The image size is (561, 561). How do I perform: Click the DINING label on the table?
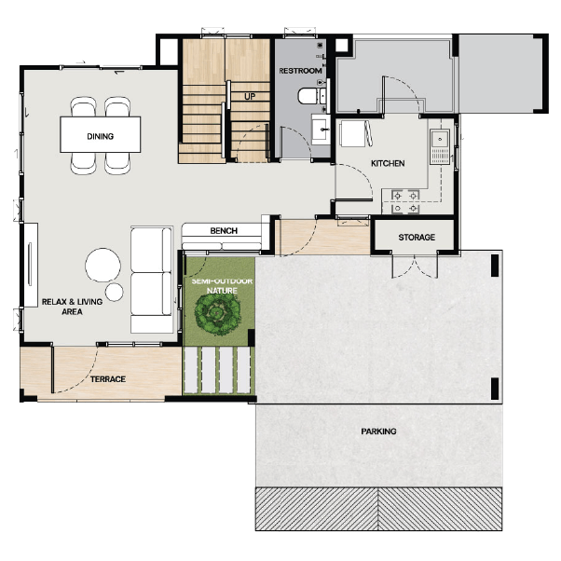tap(101, 136)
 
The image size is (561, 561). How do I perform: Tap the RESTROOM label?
tap(300, 71)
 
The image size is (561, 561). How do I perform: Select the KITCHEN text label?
tap(388, 163)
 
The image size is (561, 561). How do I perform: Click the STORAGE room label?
tap(417, 238)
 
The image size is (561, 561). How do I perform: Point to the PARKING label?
tap(378, 431)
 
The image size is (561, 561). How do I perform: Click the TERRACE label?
tap(108, 379)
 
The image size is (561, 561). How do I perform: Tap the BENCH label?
tap(224, 231)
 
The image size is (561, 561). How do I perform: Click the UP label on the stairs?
tap(250, 97)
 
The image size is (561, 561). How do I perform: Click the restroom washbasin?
tap(321, 130)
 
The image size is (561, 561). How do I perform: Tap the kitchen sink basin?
tap(440, 139)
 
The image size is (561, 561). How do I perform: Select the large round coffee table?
tap(103, 265)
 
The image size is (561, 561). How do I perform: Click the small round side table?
tap(115, 292)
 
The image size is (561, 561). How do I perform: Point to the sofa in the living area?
tap(151, 280)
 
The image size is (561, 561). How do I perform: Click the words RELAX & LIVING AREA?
tap(73, 307)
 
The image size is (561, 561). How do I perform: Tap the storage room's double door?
tap(415, 266)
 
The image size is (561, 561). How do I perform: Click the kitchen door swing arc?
tap(362, 175)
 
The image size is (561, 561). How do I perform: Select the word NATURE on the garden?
tap(222, 291)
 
